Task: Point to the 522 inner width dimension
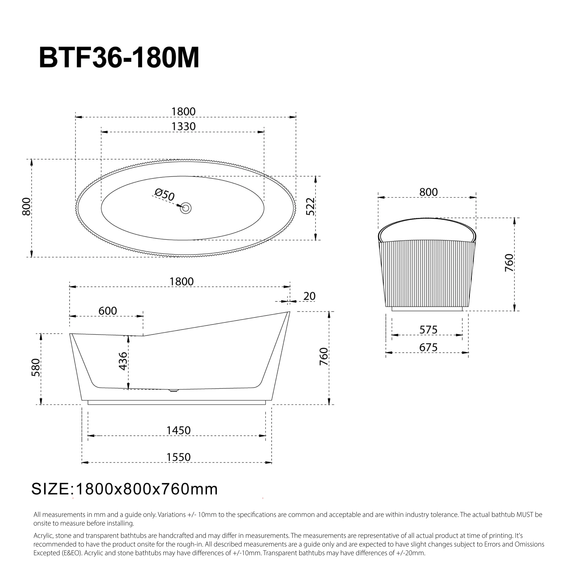[x=311, y=206]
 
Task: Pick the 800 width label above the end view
[x=428, y=192]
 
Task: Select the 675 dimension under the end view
[x=428, y=348]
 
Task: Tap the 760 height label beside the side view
[x=324, y=356]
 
